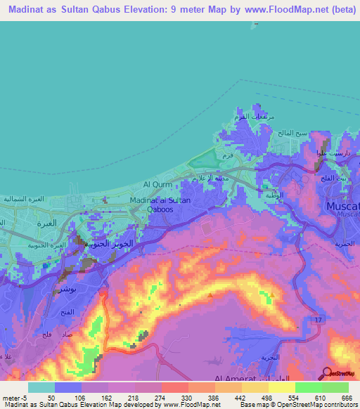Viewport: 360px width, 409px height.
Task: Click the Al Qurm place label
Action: [x=156, y=184]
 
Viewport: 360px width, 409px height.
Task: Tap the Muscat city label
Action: [x=343, y=207]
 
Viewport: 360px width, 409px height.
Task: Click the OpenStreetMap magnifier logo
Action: [x=328, y=373]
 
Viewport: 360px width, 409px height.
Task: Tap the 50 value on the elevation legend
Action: [x=51, y=397]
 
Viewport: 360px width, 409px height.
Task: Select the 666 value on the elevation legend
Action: [x=345, y=397]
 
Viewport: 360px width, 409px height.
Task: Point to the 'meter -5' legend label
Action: [x=14, y=397]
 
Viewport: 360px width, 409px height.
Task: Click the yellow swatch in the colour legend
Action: [x=281, y=387]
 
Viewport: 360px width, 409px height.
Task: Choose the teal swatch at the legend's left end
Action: [x=41, y=387]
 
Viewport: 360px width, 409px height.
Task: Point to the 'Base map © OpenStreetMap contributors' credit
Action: [x=296, y=405]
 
